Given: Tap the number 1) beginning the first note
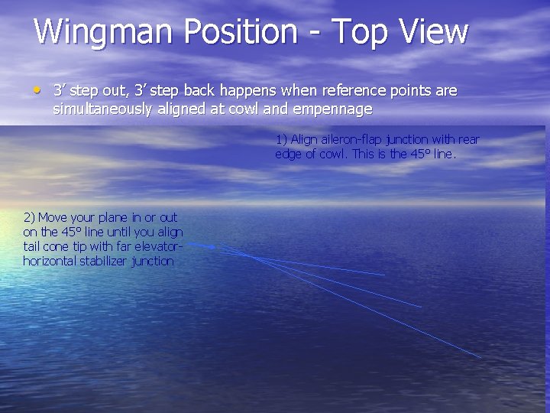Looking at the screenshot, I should point(281,139).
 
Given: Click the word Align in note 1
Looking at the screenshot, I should point(304,139).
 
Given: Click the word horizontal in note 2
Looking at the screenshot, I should point(50,261).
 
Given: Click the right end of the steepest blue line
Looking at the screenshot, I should point(480,357).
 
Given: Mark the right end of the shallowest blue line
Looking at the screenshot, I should point(384,275).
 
